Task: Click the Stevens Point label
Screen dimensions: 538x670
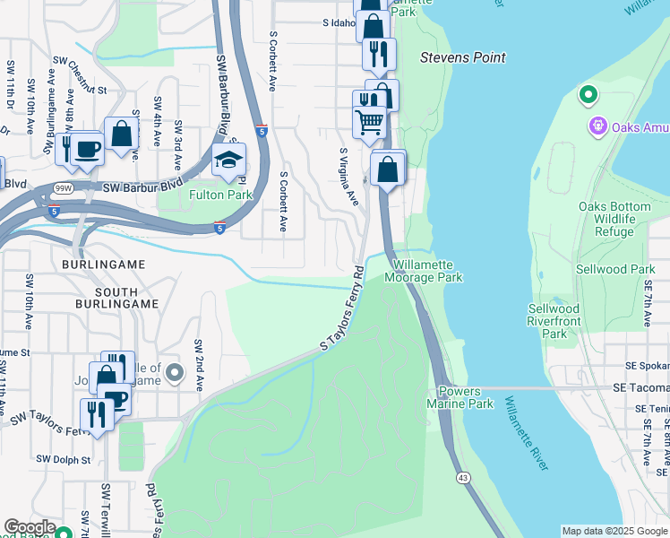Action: [x=463, y=57]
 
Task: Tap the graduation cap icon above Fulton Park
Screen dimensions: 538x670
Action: [x=228, y=161]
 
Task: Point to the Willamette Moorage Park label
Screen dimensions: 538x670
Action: [x=424, y=272]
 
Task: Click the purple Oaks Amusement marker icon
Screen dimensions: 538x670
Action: [x=597, y=126]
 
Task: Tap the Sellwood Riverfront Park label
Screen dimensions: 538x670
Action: [x=554, y=321]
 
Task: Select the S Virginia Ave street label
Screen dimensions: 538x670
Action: [x=348, y=176]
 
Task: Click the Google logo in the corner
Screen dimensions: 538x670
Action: [x=29, y=527]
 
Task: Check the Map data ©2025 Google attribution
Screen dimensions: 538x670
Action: [x=614, y=531]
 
